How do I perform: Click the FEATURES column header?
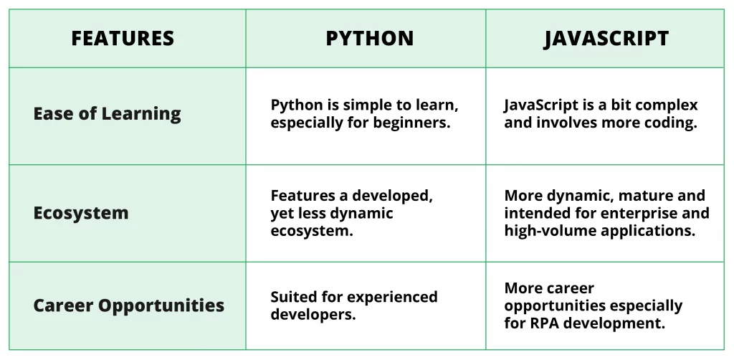tap(123, 39)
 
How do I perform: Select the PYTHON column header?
tap(369, 39)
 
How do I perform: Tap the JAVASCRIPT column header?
tap(606, 39)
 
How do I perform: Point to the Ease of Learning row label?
tap(107, 114)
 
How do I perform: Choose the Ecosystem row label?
tap(80, 213)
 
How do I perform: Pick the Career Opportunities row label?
tap(128, 305)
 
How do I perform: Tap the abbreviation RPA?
tap(543, 323)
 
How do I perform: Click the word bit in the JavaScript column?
tap(622, 105)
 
